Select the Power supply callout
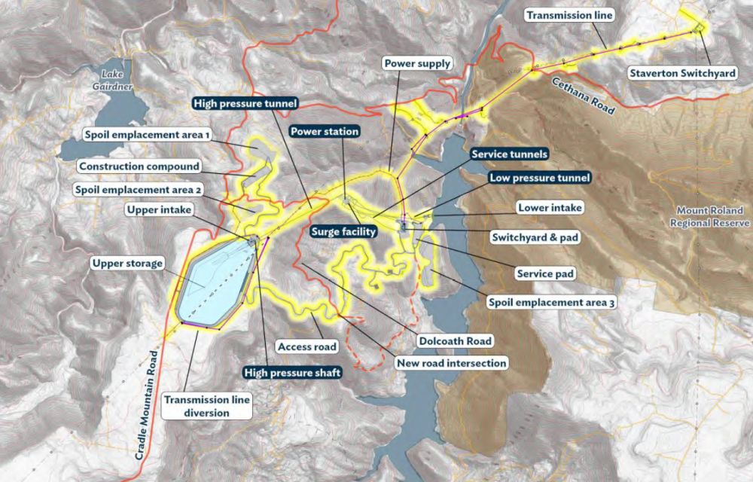[417, 63]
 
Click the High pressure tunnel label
[245, 103]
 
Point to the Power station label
[325, 131]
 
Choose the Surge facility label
[343, 232]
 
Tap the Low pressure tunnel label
[538, 178]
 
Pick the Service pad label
[545, 274]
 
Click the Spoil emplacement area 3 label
[551, 303]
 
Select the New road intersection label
[451, 363]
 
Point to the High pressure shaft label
[293, 372]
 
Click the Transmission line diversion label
[207, 407]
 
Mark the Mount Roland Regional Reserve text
[711, 218]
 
